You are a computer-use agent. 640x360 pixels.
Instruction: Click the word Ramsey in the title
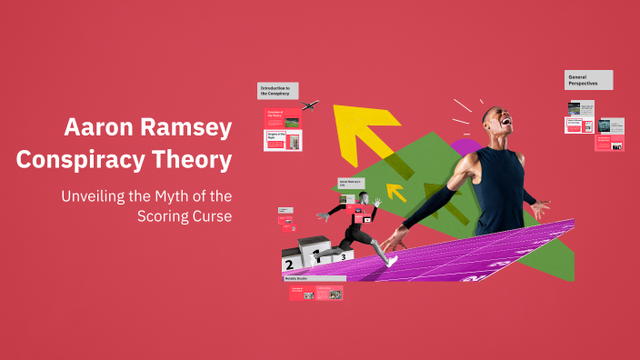coord(183,128)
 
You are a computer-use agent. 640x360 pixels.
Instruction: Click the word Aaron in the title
coord(98,128)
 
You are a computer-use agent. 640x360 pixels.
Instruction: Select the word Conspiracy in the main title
coord(84,160)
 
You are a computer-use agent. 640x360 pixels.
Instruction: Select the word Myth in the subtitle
coord(175,195)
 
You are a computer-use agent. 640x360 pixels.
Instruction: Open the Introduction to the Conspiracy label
coord(277,90)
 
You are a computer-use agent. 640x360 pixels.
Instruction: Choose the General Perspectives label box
coord(588,80)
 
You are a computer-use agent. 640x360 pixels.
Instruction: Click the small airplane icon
coord(310,105)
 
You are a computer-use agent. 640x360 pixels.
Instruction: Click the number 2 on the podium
coord(289,265)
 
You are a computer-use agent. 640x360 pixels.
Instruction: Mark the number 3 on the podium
coord(343,256)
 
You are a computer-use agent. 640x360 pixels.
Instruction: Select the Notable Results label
coord(298,279)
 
